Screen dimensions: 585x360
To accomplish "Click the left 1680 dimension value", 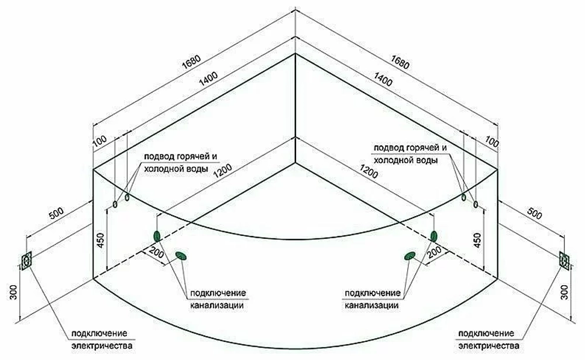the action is tap(191, 62).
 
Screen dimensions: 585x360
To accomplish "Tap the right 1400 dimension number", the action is tap(383, 79).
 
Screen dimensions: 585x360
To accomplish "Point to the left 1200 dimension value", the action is tap(223, 170).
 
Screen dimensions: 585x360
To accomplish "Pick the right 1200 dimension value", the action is tap(369, 170).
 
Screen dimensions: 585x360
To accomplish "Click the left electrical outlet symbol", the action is tap(26, 260).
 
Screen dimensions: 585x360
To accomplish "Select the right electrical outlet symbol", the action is tap(564, 260).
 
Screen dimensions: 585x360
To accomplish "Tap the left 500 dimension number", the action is tap(56, 213).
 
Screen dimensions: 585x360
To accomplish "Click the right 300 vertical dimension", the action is tap(565, 292).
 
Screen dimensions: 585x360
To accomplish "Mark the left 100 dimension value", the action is tap(99, 141).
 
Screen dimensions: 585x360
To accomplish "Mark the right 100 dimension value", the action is tap(492, 141).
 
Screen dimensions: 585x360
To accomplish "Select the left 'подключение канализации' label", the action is tap(218, 299).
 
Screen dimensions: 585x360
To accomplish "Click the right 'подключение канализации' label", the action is tap(372, 299).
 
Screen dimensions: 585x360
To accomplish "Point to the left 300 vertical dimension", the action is tap(13, 292).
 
